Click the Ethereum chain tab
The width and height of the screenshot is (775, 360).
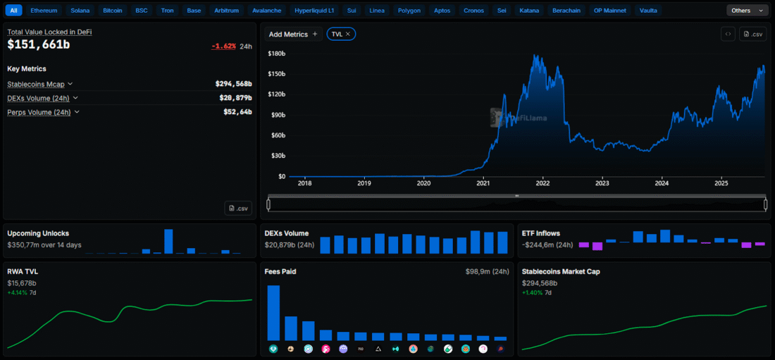tap(44, 11)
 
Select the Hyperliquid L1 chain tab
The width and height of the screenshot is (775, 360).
tap(314, 11)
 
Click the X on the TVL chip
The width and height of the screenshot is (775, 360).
tap(348, 34)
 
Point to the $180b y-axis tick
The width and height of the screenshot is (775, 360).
tap(277, 54)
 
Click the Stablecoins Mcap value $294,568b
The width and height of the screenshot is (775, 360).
tap(233, 84)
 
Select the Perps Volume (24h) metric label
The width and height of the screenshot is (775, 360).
tap(39, 112)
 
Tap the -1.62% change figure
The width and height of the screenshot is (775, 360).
tap(223, 46)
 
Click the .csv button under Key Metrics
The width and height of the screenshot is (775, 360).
tap(237, 209)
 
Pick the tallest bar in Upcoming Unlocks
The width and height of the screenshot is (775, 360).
tap(168, 242)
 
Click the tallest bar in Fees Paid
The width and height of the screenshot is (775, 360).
tap(273, 313)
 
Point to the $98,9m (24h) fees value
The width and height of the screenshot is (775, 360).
tap(487, 272)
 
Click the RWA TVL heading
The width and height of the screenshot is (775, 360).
tap(23, 271)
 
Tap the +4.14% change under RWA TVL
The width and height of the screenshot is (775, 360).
tap(18, 293)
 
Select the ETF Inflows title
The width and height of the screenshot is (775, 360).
tap(540, 233)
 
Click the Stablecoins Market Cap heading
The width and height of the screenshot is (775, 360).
tap(561, 271)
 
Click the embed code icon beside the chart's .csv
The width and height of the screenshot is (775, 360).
tap(728, 34)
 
